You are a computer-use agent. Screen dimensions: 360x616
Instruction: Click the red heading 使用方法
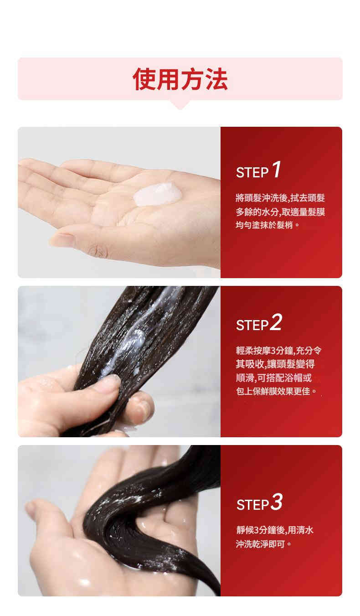pyautogui.click(x=180, y=79)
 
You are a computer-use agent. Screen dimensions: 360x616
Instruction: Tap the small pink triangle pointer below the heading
pyautogui.click(x=180, y=105)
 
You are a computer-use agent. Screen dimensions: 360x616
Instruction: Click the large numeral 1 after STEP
pyautogui.click(x=277, y=170)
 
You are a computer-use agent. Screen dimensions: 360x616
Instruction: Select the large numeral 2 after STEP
pyautogui.click(x=276, y=322)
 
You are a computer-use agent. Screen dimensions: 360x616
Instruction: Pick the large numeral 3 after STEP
pyautogui.click(x=277, y=502)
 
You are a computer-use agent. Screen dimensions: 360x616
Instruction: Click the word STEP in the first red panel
pyautogui.click(x=252, y=173)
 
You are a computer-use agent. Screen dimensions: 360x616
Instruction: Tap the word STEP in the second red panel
pyautogui.click(x=252, y=325)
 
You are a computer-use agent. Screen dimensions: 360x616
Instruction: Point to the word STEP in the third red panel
pyautogui.click(x=252, y=505)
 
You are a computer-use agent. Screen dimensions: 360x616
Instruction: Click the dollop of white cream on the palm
pyautogui.click(x=158, y=194)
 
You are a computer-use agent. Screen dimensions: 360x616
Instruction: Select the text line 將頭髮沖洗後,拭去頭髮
pyautogui.click(x=280, y=198)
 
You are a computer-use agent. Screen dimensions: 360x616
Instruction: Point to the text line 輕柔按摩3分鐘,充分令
pyautogui.click(x=278, y=351)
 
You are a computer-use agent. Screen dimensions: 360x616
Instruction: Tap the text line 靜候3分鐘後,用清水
pyautogui.click(x=275, y=530)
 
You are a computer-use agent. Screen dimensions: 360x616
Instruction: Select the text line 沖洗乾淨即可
pyautogui.click(x=263, y=544)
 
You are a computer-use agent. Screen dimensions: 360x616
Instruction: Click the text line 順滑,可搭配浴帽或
pyautogui.click(x=274, y=378)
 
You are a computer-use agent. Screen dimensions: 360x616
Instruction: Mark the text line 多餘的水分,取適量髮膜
pyautogui.click(x=280, y=212)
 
